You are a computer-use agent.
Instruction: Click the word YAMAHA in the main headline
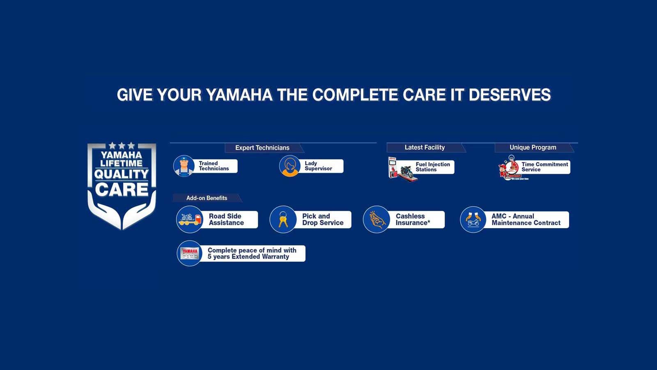tap(239, 95)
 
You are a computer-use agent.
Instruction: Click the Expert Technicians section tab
tap(262, 148)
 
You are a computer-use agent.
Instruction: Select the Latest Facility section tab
tap(425, 147)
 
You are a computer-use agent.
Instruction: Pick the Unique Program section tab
tap(533, 147)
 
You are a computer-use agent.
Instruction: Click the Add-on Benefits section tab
tap(207, 198)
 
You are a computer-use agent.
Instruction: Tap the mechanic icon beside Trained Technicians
tap(184, 166)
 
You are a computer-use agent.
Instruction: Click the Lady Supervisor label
tap(318, 166)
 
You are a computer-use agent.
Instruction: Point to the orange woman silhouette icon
tap(290, 166)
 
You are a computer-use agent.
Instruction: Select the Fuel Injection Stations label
tap(432, 167)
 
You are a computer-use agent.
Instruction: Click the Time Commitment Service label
tap(544, 167)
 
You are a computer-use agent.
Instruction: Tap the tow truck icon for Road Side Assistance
tap(190, 219)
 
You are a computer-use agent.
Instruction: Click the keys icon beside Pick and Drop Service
tap(283, 219)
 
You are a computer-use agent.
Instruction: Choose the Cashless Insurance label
tap(413, 220)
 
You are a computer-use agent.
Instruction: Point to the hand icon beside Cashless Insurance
tap(377, 220)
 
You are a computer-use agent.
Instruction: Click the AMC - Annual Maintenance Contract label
tap(526, 220)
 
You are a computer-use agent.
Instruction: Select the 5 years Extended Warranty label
tap(252, 253)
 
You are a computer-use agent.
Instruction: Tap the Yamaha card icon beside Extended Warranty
tap(190, 253)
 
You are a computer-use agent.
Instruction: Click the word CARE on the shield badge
tap(122, 190)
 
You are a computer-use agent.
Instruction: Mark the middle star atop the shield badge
tap(122, 146)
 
